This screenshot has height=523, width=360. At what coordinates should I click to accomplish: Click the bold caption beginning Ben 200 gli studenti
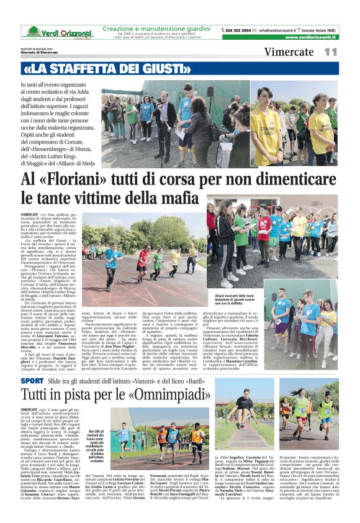(98, 437)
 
